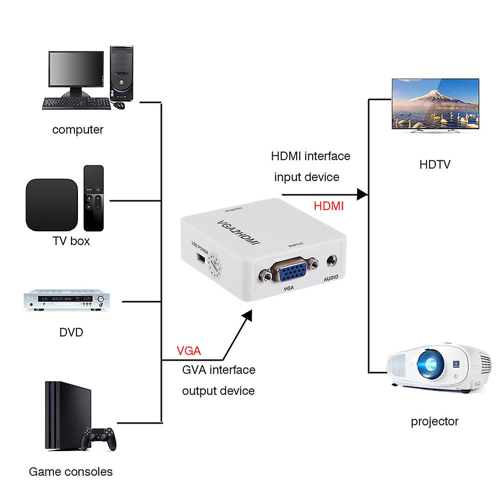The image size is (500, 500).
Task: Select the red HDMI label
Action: [x=329, y=206]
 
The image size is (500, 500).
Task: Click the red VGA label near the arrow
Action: [x=189, y=351]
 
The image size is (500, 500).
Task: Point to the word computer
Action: [x=78, y=130]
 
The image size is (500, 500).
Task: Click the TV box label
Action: [x=71, y=241]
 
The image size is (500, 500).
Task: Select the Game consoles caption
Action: [x=71, y=472]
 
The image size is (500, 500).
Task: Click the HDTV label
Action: [x=434, y=164]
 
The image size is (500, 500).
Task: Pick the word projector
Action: [x=435, y=422]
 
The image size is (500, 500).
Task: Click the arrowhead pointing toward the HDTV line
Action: [x=363, y=194]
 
